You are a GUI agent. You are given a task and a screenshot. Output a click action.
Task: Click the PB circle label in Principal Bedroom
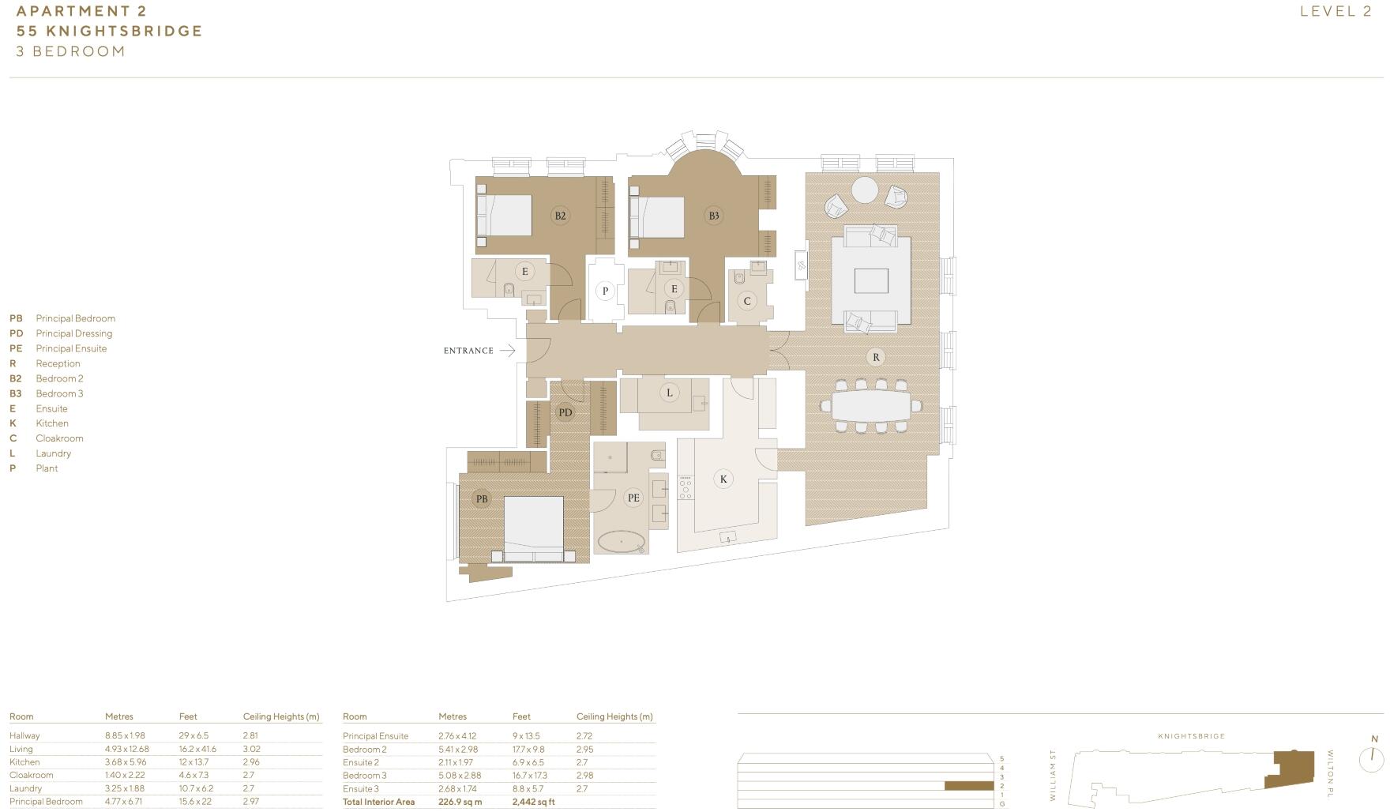pyautogui.click(x=481, y=498)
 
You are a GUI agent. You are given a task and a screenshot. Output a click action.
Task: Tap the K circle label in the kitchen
pyautogui.click(x=723, y=479)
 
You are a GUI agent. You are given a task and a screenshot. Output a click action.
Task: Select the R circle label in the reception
pyautogui.click(x=875, y=357)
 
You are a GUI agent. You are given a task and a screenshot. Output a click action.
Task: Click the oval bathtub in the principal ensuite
pyautogui.click(x=622, y=542)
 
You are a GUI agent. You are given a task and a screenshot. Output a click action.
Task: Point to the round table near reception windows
pyautogui.click(x=864, y=190)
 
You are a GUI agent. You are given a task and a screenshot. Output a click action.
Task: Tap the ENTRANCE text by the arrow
pyautogui.click(x=468, y=351)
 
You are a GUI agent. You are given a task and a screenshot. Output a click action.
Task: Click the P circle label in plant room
pyautogui.click(x=605, y=291)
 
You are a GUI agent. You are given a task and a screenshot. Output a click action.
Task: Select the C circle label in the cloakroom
pyautogui.click(x=746, y=300)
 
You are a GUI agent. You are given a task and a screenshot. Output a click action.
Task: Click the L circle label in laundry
pyautogui.click(x=669, y=393)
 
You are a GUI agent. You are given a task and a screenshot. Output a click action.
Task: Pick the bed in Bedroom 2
pyautogui.click(x=505, y=215)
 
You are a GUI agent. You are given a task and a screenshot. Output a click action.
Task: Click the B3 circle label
pyautogui.click(x=713, y=216)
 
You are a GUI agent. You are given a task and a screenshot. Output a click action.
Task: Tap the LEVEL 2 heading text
pyautogui.click(x=1336, y=11)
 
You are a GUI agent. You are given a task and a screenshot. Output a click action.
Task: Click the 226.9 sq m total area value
pyautogui.click(x=460, y=802)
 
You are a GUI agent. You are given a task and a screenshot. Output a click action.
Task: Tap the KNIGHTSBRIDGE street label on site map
pyautogui.click(x=1191, y=736)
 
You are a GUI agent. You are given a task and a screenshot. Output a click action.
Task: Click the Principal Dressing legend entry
pyautogui.click(x=73, y=333)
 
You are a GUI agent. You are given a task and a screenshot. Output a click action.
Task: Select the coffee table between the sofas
pyautogui.click(x=870, y=280)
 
